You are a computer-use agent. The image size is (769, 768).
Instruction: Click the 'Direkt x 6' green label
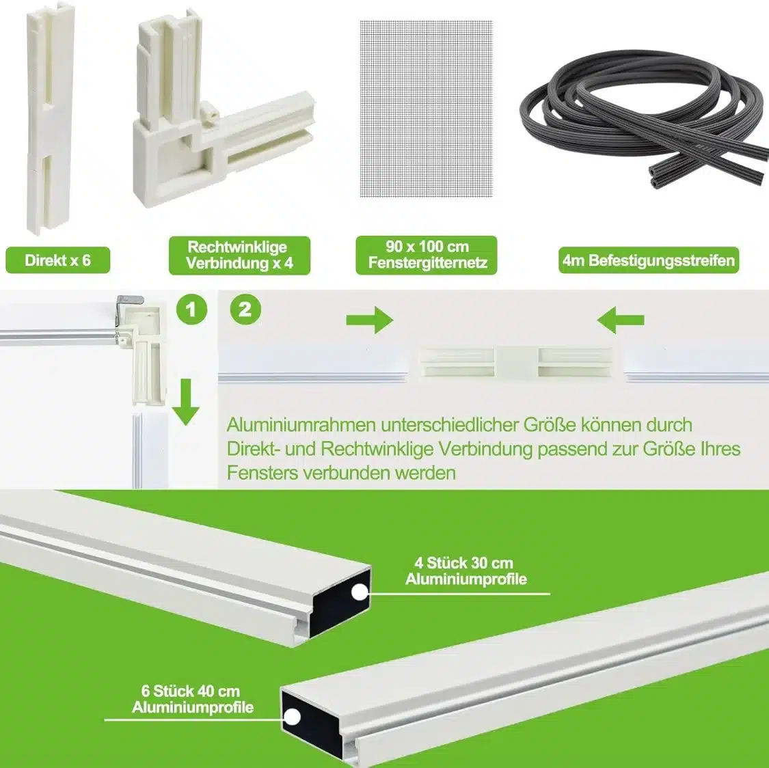[x=58, y=260]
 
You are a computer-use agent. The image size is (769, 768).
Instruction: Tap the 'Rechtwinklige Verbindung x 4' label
[x=239, y=256]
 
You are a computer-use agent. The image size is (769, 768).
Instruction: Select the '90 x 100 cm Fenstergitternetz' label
[x=426, y=256]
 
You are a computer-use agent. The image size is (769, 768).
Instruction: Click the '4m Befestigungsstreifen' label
[x=649, y=260]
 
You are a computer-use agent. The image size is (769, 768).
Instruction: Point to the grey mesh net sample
[x=426, y=109]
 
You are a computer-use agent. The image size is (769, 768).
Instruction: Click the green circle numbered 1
[x=192, y=310]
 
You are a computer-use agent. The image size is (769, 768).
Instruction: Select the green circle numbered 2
[x=245, y=310]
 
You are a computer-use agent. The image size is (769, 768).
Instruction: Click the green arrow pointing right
[x=370, y=320]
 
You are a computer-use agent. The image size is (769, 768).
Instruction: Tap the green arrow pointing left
[x=621, y=320]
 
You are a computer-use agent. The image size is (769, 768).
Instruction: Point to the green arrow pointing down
[x=185, y=402]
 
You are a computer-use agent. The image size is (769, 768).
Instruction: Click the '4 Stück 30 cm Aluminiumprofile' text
[x=466, y=571]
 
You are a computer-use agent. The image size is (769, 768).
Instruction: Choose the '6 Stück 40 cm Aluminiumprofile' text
[x=192, y=700]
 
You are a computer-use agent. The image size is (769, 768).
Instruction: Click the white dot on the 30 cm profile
[x=360, y=592]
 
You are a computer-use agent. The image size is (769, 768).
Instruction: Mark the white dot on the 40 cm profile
[x=292, y=717]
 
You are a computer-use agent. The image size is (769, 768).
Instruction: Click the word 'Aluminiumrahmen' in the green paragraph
[x=301, y=425]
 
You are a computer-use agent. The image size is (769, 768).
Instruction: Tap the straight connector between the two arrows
[x=517, y=362]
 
